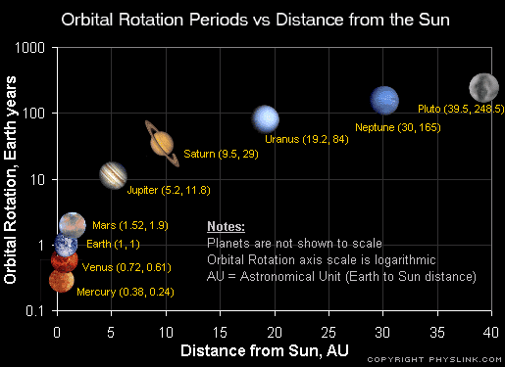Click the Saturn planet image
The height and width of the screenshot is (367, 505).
(162, 143)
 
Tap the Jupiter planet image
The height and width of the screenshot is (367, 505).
(113, 175)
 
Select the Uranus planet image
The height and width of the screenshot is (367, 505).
(265, 118)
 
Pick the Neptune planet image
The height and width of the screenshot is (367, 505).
(384, 99)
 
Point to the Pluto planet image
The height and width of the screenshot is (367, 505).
(482, 85)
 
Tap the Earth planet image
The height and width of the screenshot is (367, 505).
(66, 243)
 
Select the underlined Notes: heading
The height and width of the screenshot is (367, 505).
(226, 227)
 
